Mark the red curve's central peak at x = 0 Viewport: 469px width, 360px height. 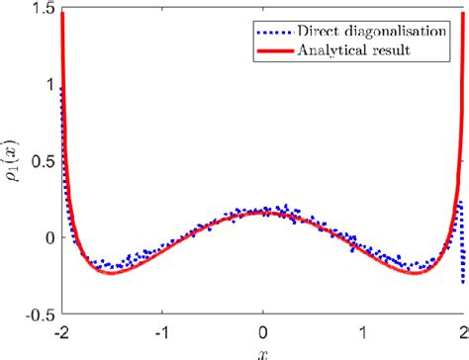pyautogui.click(x=262, y=213)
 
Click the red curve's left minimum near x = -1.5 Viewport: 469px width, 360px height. pyautogui.click(x=113, y=273)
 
